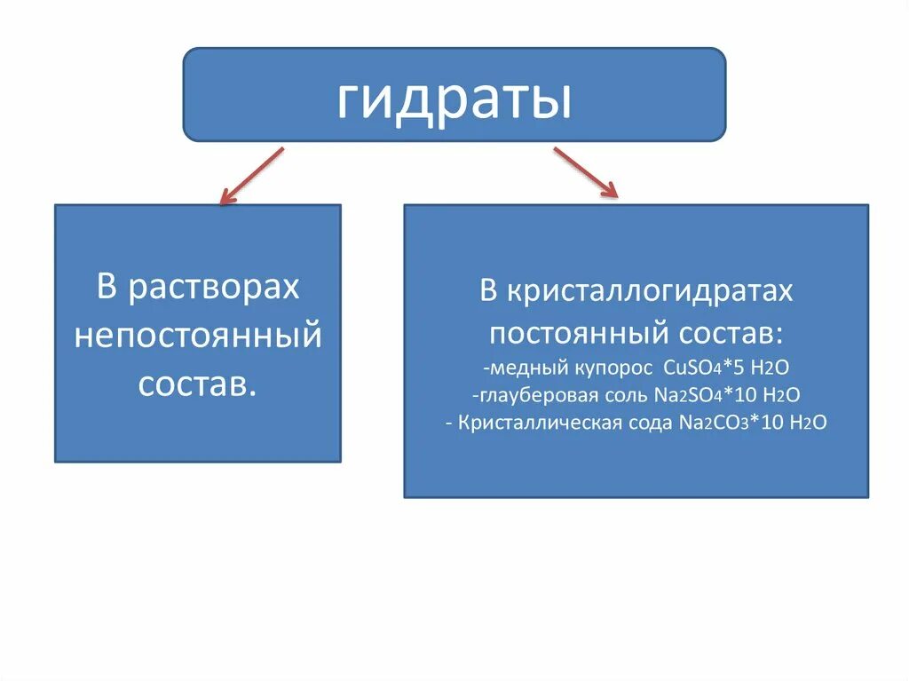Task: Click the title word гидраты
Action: tap(454, 99)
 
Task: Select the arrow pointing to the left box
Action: tap(252, 176)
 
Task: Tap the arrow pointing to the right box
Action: tap(585, 171)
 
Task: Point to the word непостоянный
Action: tap(197, 337)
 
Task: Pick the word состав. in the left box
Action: tap(197, 385)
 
